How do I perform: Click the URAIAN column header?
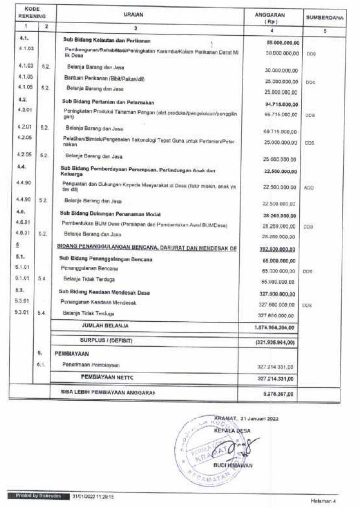133,15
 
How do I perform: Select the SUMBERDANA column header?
325,18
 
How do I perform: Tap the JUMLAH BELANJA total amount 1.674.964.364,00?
274,328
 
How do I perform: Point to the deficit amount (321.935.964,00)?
275,343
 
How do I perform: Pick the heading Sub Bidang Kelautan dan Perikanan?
107,41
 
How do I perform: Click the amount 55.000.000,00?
283,43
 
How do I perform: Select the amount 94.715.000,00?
281,104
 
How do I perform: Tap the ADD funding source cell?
309,188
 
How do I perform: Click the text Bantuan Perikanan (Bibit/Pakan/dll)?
104,79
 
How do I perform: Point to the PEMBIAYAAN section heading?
72,354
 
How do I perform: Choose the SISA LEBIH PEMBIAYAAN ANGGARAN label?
108,392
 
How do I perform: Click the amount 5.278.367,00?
278,394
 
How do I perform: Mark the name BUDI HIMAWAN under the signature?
233,465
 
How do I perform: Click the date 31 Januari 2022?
260,419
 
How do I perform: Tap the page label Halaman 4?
323,501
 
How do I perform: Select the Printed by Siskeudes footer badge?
39,496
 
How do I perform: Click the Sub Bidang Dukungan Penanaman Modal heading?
110,214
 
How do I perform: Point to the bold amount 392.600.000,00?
277,249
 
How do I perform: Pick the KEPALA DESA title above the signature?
232,431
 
